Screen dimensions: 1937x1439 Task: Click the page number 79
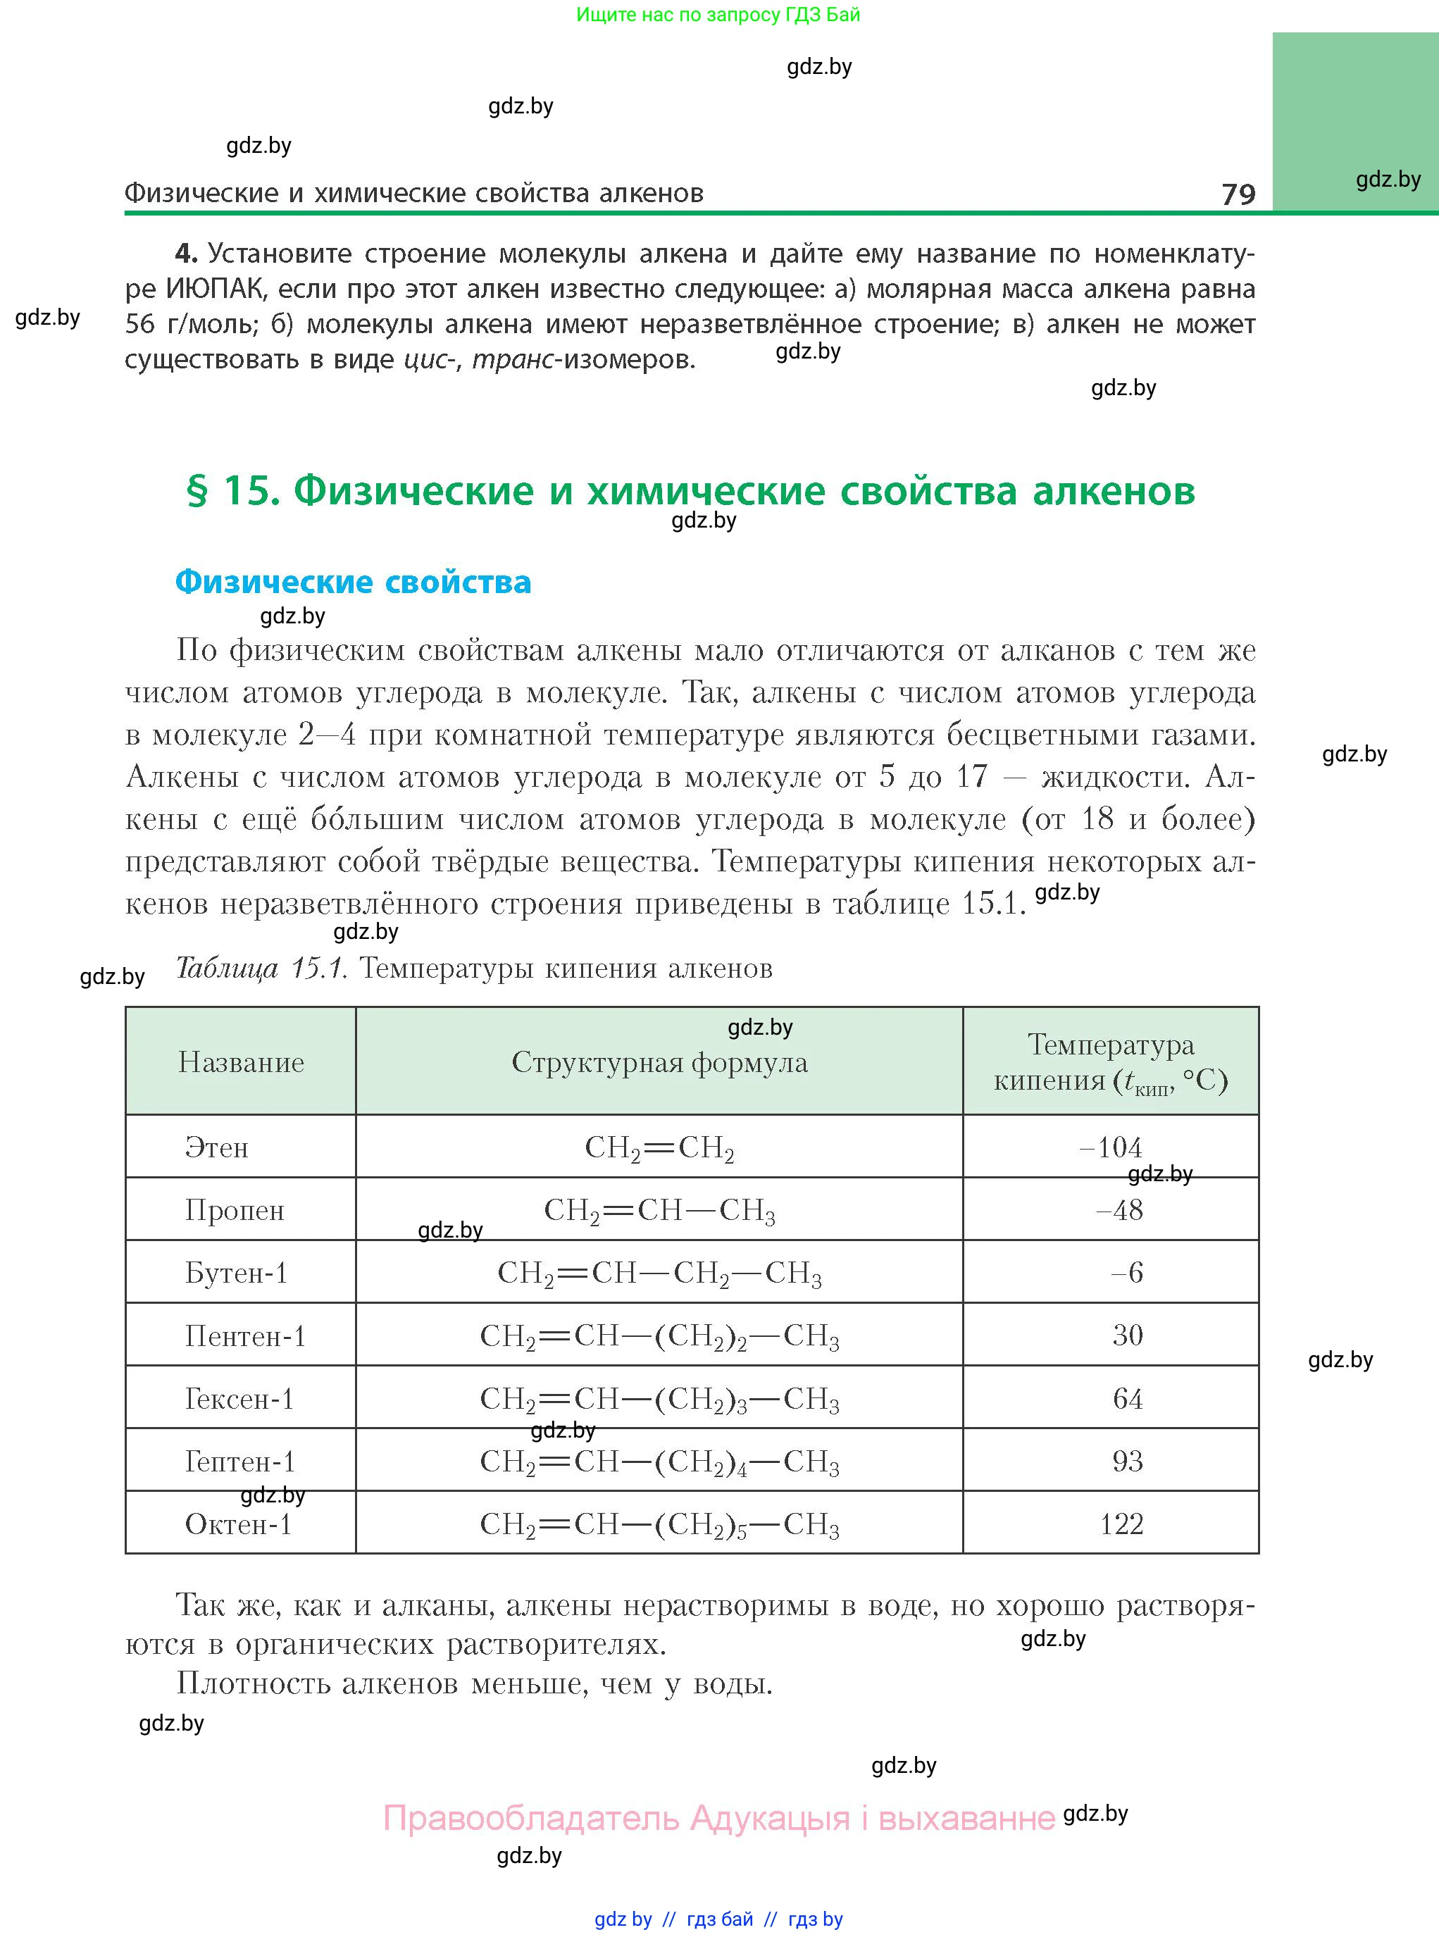pos(1238,194)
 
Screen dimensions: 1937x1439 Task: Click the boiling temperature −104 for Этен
pos(1111,1148)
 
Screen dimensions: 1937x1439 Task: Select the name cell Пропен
pos(235,1211)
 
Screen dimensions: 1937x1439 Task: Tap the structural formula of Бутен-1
pos(659,1273)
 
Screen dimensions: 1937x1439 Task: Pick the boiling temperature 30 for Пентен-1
pos(1127,1335)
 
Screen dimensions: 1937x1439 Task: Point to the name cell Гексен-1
pos(239,1399)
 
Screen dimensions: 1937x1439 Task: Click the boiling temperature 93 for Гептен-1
pos(1127,1461)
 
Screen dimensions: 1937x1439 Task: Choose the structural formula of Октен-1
pos(659,1524)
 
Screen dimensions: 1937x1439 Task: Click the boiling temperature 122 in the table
pos(1121,1524)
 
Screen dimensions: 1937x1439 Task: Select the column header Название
pos(242,1063)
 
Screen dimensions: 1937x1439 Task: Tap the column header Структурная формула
pos(659,1063)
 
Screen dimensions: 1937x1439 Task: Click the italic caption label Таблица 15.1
pos(262,969)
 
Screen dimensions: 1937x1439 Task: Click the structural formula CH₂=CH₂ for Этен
pos(659,1148)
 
